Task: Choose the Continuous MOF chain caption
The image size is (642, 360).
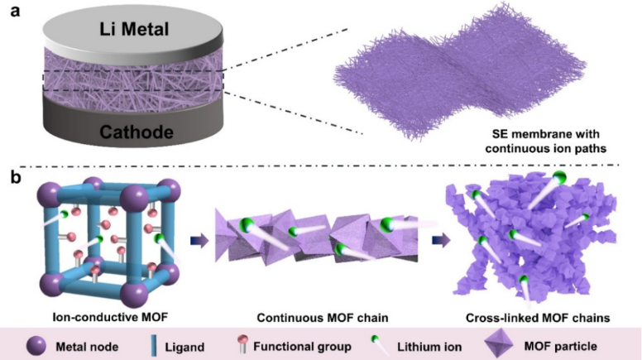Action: (x=321, y=316)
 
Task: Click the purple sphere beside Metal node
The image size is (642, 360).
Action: (x=36, y=343)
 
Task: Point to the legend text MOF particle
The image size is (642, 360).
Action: (x=578, y=343)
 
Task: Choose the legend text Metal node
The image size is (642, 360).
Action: (x=89, y=343)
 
